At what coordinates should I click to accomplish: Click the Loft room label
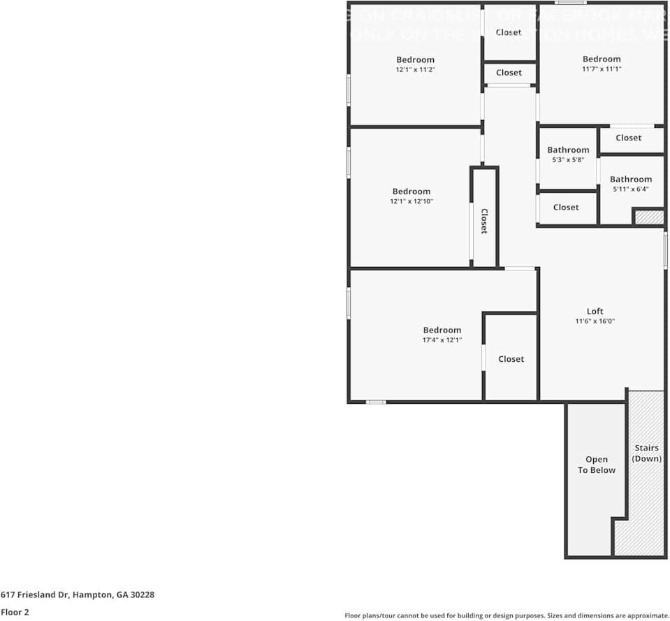click(x=595, y=312)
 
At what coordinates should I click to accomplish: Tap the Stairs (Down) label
click(x=646, y=453)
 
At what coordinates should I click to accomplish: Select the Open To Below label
click(x=597, y=465)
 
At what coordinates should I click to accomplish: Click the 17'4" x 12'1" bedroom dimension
click(x=442, y=340)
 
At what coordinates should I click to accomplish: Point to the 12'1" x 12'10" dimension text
click(x=412, y=201)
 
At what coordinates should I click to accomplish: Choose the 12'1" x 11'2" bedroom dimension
click(x=416, y=70)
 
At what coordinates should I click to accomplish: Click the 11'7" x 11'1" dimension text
click(x=602, y=69)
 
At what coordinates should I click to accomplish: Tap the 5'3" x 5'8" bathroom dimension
click(x=567, y=160)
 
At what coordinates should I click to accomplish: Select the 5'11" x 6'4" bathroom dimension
click(x=630, y=189)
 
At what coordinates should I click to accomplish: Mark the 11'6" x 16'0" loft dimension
click(x=595, y=321)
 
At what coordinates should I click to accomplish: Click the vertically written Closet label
click(x=483, y=221)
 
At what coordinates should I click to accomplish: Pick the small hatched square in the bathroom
click(x=649, y=217)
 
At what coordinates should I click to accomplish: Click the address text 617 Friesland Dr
click(x=78, y=594)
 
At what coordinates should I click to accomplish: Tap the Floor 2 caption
click(x=15, y=612)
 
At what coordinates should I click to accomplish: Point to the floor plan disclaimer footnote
click(x=507, y=615)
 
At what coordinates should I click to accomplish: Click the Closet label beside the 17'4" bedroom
click(x=511, y=359)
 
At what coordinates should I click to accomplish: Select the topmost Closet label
click(x=509, y=32)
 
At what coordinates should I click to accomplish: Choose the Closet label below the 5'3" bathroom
click(x=566, y=207)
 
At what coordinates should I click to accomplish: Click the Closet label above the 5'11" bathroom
click(x=628, y=138)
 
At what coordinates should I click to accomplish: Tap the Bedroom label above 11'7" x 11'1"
click(x=602, y=59)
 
